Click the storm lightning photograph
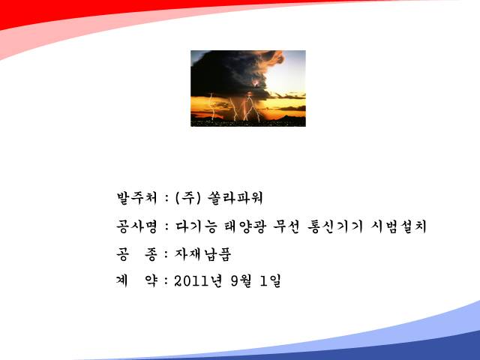[248, 88]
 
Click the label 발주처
[137, 198]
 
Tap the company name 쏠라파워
[235, 198]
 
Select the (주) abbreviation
[188, 198]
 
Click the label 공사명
[136, 226]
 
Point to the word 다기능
[196, 226]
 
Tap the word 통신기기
[335, 226]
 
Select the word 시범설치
[398, 226]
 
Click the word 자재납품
[203, 254]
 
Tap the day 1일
[270, 281]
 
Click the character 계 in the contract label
[121, 280]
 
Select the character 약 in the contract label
[151, 280]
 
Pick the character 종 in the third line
[151, 254]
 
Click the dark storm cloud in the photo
[229, 73]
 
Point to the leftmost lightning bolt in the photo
[211, 106]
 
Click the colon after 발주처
[166, 198]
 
